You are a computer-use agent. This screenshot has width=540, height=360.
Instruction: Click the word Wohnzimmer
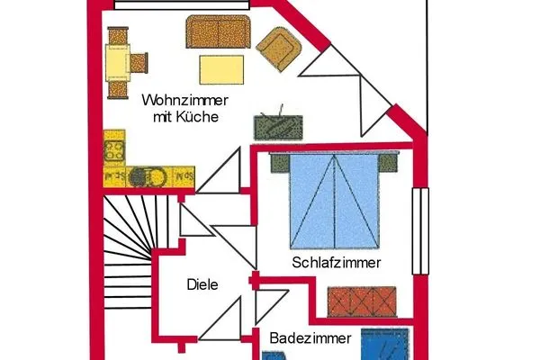[184, 100]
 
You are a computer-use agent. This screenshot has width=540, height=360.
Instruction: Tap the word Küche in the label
[197, 117]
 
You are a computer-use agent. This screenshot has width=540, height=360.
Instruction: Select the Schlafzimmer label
[337, 263]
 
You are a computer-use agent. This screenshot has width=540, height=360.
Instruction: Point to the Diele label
[202, 284]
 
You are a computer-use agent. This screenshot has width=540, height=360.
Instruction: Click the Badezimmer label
[310, 338]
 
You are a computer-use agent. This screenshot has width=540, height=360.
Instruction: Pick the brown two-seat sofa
[218, 31]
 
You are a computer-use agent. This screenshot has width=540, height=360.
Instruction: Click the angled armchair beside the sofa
[279, 49]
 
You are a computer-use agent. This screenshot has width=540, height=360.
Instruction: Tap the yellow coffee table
[221, 69]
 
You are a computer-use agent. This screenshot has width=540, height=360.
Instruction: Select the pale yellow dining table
[118, 63]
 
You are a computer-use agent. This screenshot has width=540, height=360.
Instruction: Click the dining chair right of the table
[139, 63]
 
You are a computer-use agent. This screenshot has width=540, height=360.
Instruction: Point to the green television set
[278, 126]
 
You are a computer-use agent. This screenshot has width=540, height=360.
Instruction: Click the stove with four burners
[114, 150]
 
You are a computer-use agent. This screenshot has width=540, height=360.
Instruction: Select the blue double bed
[335, 202]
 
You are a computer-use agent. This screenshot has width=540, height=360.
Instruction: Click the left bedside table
[280, 163]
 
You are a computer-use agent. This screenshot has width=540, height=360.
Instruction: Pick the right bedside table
[389, 163]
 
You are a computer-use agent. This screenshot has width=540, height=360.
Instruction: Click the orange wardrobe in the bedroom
[362, 301]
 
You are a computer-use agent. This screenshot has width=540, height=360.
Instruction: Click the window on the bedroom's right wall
[420, 231]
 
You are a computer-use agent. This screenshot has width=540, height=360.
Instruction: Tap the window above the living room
[182, 4]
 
